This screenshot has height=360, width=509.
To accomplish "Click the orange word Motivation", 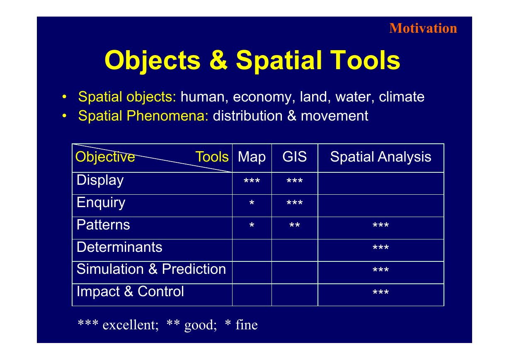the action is [423, 28].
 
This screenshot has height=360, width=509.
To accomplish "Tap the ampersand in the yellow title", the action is [218, 60].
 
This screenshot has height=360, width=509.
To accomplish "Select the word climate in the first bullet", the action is [402, 97].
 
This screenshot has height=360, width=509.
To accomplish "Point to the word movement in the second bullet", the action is [334, 116].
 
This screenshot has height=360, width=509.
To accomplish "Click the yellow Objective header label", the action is [105, 157].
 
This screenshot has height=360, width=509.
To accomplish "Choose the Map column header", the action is [252, 157].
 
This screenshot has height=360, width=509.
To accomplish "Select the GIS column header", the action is [294, 157].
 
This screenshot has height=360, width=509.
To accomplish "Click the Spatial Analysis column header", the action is [381, 157].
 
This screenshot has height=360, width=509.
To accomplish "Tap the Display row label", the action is [100, 180].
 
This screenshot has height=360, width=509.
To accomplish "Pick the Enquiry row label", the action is [101, 203].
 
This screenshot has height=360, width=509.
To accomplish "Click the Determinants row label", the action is [119, 247].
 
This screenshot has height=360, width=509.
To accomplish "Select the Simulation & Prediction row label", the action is [151, 269].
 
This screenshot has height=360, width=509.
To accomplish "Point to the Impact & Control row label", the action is [130, 291].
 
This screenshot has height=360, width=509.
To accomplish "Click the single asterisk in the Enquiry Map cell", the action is [252, 202].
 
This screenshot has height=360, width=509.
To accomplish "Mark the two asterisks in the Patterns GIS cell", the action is [294, 225].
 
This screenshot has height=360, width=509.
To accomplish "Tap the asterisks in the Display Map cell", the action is [252, 181].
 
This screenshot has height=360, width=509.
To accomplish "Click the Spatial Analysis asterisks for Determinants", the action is [381, 247].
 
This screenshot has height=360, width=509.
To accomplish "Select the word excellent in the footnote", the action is [131, 325].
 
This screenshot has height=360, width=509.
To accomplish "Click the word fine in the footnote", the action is [247, 324].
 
